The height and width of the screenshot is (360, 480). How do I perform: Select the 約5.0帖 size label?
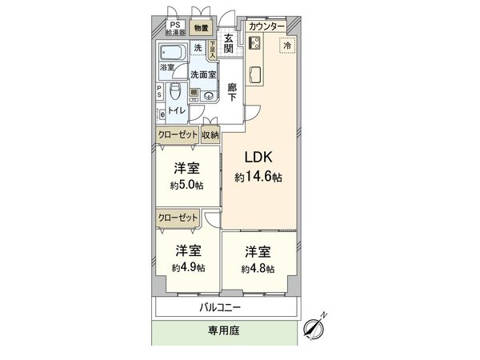186,185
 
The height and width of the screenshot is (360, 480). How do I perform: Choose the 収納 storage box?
210,135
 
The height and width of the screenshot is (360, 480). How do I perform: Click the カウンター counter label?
266,27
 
